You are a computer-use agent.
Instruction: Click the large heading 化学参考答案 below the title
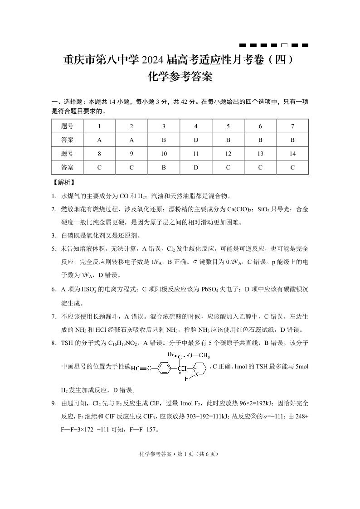(x=180, y=77)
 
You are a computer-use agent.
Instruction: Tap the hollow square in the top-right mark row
(x=285, y=45)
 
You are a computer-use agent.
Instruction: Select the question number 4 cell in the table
(x=196, y=126)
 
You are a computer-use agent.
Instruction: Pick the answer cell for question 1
(x=99, y=140)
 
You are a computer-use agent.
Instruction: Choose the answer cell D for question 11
(x=196, y=167)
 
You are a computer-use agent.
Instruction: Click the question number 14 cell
(x=292, y=154)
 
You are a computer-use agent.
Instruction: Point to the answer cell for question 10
(x=164, y=167)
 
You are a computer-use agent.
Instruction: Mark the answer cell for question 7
(x=292, y=140)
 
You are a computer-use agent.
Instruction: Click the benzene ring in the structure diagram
(x=164, y=368)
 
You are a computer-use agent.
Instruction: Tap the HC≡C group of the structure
(x=141, y=368)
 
